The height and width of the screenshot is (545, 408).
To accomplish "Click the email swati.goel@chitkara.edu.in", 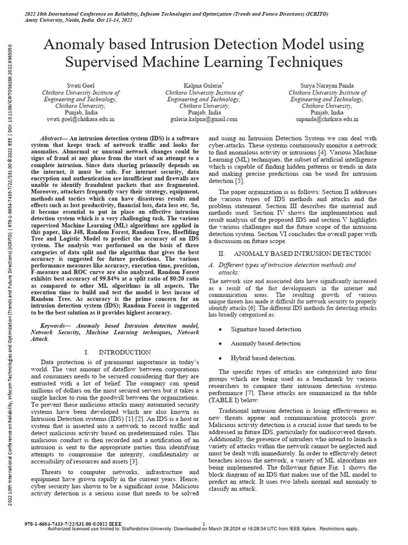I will (x=81, y=120).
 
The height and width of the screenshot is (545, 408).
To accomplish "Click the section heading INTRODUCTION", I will (x=124, y=352).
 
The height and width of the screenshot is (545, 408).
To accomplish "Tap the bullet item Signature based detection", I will (x=266, y=329).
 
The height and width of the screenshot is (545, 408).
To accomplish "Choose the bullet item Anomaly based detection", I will (x=265, y=343).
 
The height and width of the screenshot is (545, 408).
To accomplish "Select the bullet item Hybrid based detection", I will (x=263, y=358).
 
